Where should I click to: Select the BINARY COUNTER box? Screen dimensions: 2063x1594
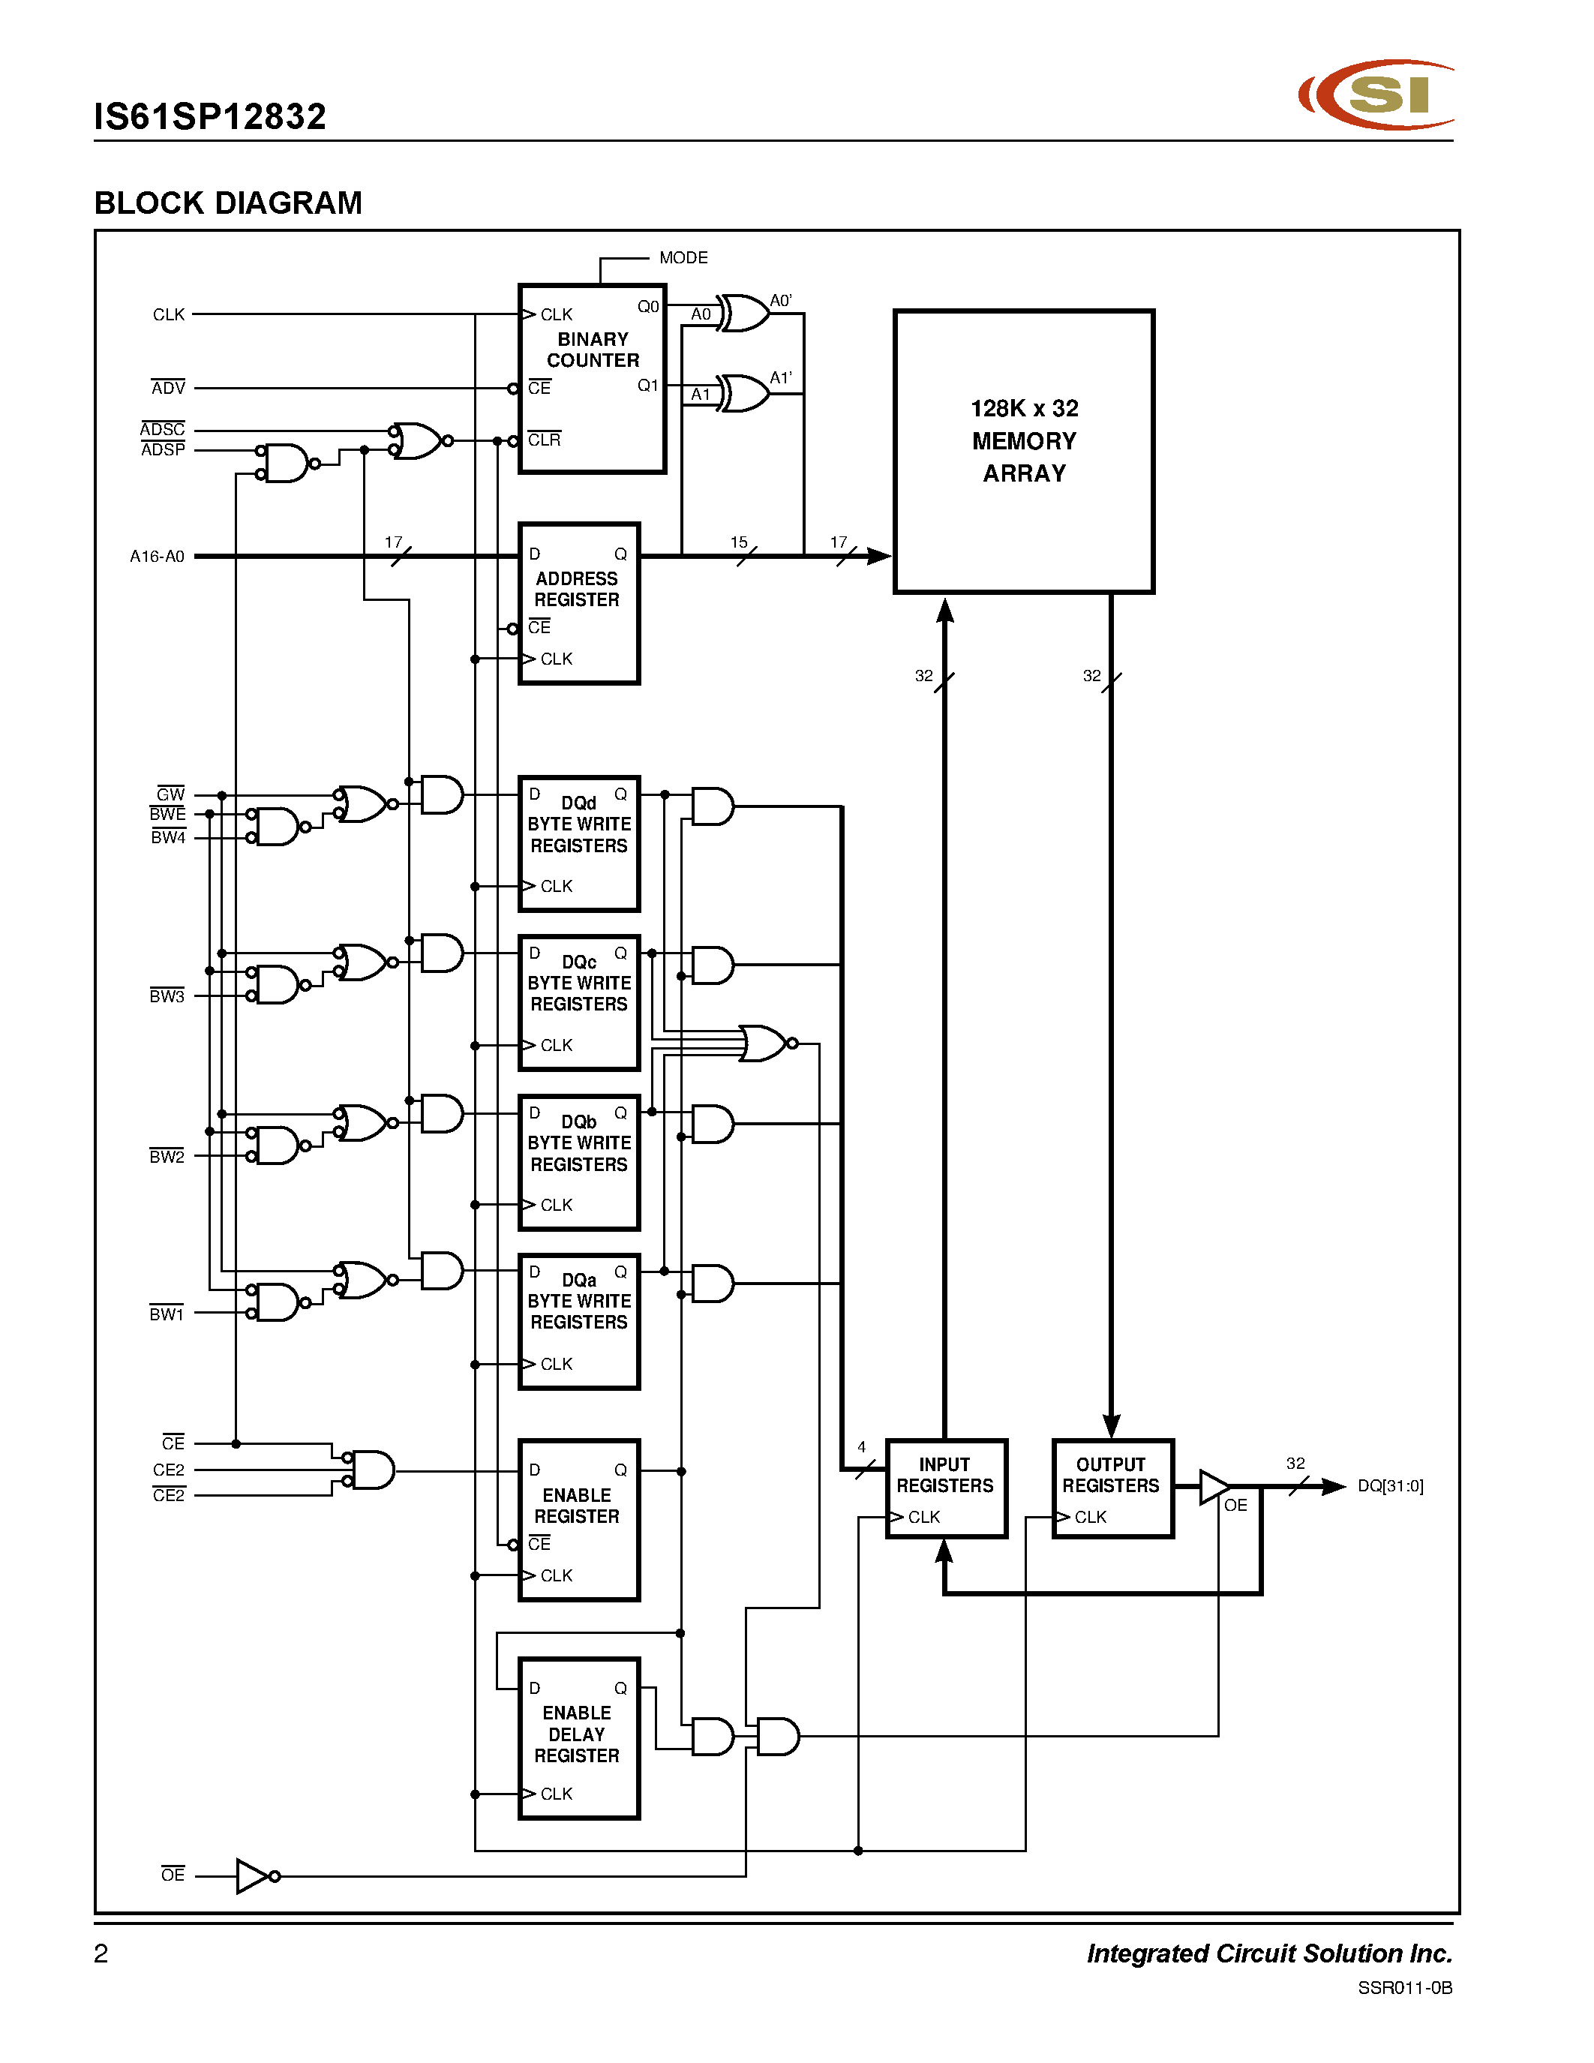tap(592, 378)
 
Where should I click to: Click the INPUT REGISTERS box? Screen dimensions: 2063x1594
tap(945, 1488)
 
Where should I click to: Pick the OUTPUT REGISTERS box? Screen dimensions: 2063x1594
tap(1112, 1488)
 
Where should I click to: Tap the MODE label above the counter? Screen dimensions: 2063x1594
tap(683, 258)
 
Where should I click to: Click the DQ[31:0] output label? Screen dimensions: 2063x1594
tap(1389, 1486)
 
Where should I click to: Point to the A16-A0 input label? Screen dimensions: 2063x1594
tap(157, 557)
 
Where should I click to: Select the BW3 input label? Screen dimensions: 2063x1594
tap(167, 995)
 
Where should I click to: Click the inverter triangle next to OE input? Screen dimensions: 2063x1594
tap(252, 1876)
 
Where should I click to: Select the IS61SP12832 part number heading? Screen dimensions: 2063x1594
tap(209, 117)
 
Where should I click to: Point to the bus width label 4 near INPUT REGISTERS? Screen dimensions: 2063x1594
tap(861, 1447)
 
